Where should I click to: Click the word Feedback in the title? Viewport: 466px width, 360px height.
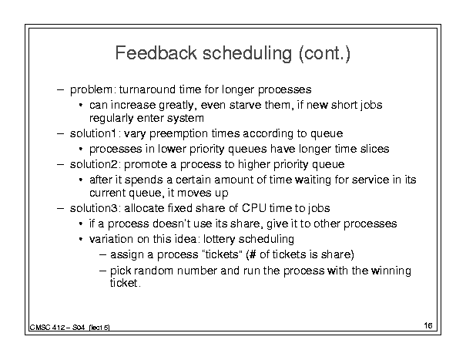[156, 53]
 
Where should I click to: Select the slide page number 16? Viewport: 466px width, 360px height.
[428, 325]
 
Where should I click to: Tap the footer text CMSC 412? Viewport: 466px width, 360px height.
[47, 328]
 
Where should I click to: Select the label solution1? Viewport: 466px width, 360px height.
[92, 133]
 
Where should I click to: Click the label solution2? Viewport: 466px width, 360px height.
[95, 164]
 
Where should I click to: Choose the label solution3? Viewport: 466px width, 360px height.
[95, 208]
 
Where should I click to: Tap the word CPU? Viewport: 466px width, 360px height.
[254, 208]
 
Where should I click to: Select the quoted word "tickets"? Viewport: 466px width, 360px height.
[220, 254]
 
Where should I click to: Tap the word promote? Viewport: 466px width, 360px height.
[146, 164]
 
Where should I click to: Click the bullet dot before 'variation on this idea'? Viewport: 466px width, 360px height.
[81, 239]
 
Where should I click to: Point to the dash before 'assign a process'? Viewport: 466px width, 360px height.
[103, 254]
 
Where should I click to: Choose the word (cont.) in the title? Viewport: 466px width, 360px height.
[325, 53]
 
